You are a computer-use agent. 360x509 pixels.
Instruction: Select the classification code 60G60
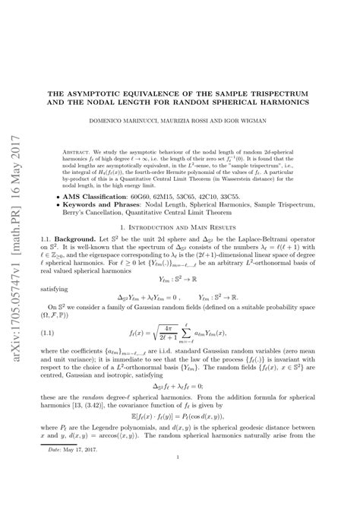pos(164,196)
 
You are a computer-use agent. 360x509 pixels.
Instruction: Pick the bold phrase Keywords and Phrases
pos(116,205)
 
